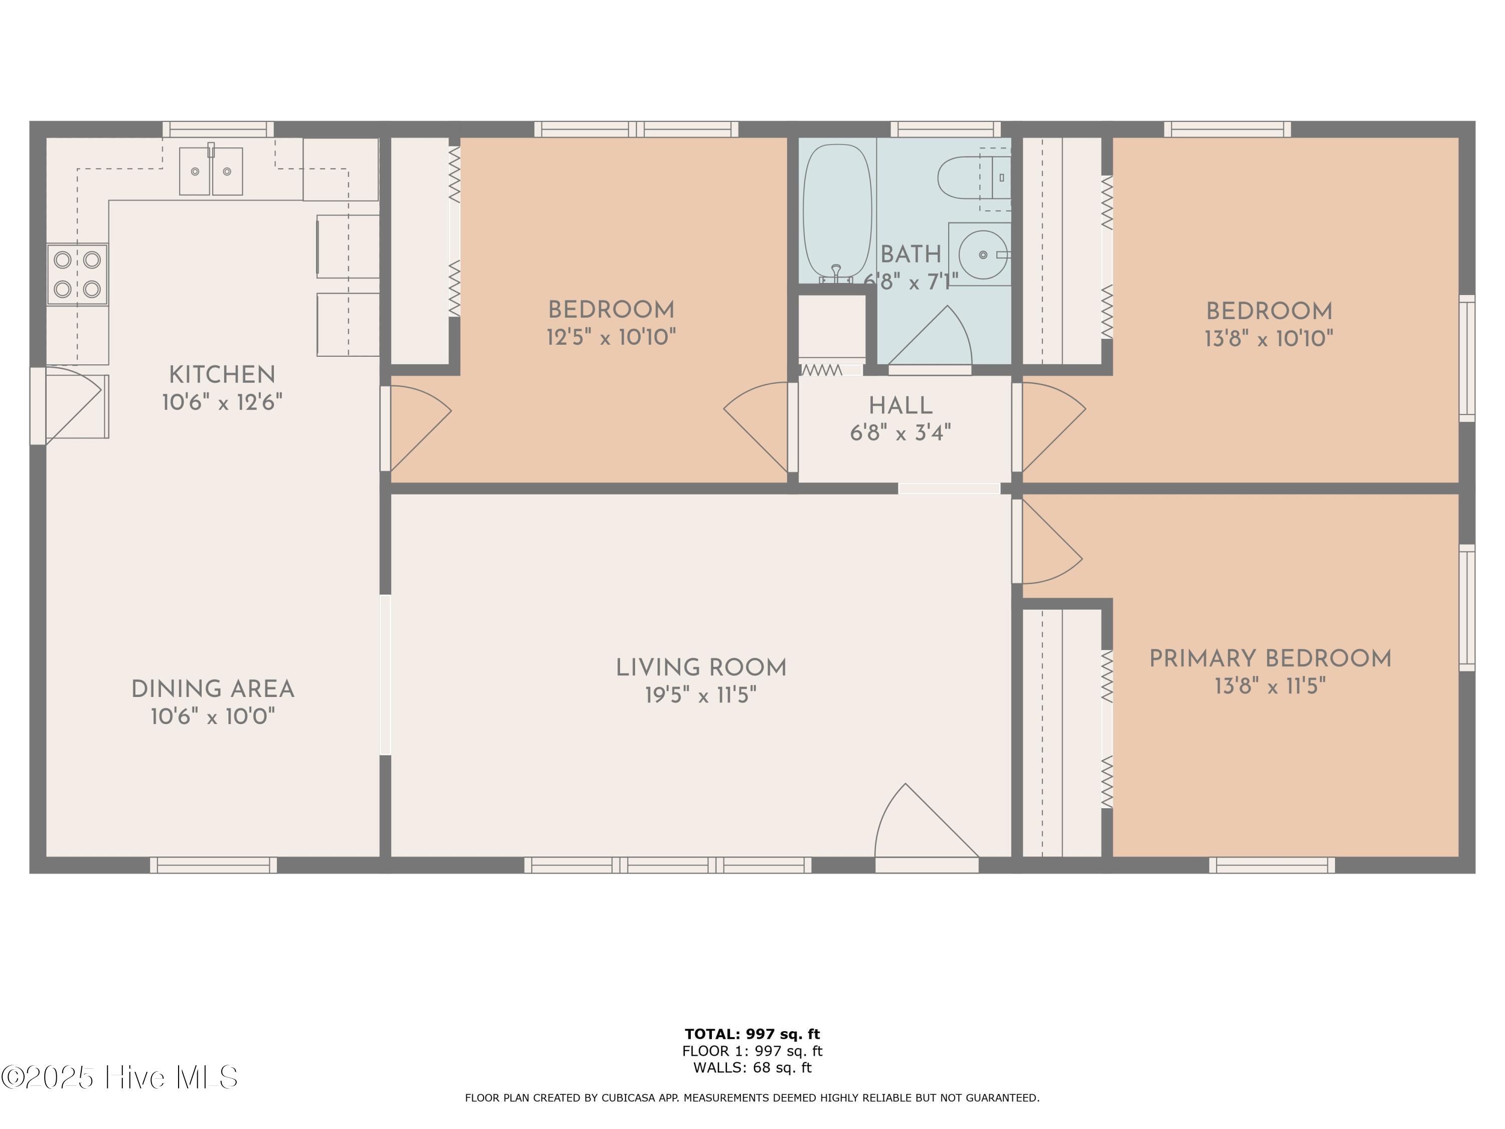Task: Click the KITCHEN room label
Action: [x=222, y=375]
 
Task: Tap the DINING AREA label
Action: [x=213, y=689]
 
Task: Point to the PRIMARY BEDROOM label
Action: [x=1270, y=659]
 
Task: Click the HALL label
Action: [x=900, y=406]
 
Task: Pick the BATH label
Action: [x=911, y=254]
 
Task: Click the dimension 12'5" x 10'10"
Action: [x=612, y=337]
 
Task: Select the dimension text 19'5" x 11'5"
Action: [x=701, y=695]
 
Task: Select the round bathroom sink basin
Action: [x=983, y=254]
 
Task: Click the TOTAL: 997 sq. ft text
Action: [x=753, y=1034]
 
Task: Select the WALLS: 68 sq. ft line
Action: [x=753, y=1068]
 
